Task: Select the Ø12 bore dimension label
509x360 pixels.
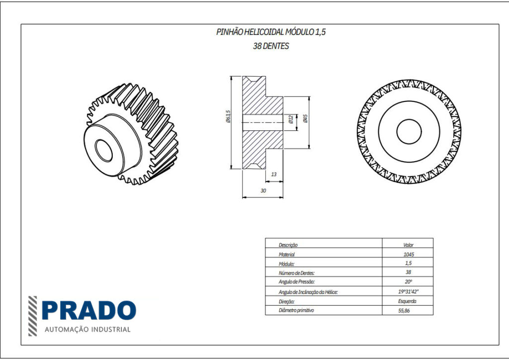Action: [x=291, y=119]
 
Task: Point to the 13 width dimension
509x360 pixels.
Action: [x=274, y=175]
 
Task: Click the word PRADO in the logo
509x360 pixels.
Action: [x=88, y=311]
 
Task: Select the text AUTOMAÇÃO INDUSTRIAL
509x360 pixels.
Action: [x=87, y=329]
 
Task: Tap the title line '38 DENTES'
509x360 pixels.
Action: [x=271, y=46]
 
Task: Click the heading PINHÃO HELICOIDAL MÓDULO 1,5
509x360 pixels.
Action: [x=271, y=32]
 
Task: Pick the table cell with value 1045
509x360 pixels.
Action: [x=408, y=254]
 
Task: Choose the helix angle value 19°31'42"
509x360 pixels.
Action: [x=408, y=292]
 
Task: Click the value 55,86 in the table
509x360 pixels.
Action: [x=408, y=311]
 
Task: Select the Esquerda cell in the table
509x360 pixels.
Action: [x=408, y=301]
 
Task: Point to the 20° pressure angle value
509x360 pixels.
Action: [x=408, y=282]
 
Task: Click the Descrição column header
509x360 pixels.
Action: [x=288, y=245]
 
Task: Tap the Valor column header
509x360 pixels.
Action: [x=408, y=245]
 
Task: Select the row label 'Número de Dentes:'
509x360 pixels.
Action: [x=297, y=273]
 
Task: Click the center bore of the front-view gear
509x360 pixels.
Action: [x=409, y=132]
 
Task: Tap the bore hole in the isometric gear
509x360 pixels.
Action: [x=104, y=151]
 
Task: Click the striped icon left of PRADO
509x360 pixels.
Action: [x=32, y=316]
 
